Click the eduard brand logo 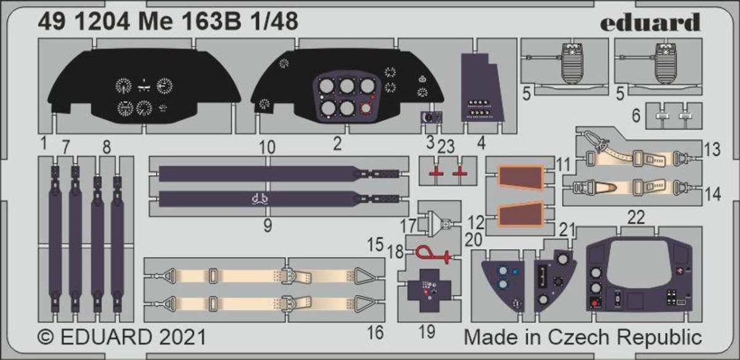pos(650,22)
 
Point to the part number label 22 pos(636,218)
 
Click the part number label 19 pos(427,332)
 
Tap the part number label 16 pos(376,332)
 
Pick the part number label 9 pos(268,226)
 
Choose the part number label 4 pos(482,144)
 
